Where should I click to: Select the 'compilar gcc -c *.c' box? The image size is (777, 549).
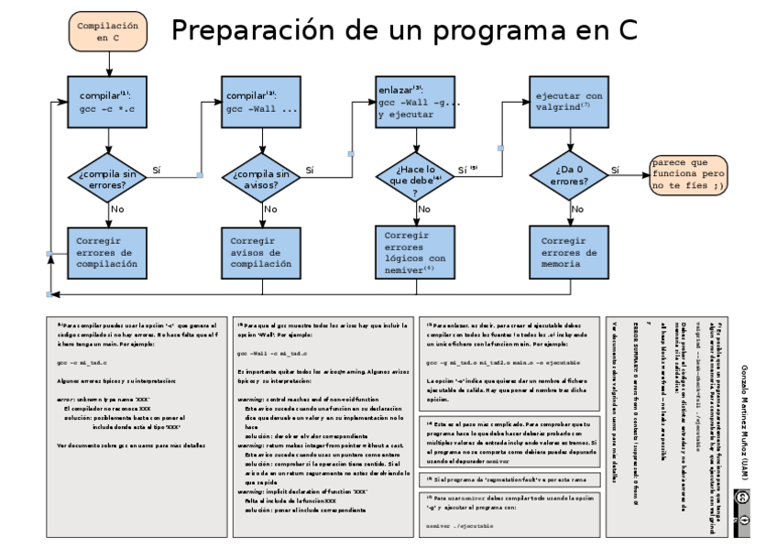[x=109, y=103]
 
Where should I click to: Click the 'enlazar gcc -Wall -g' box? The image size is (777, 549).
[x=419, y=103]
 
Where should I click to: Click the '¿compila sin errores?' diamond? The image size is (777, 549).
[x=109, y=178]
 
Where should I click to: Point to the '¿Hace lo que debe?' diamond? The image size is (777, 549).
[x=419, y=178]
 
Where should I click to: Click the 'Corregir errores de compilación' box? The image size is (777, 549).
[x=109, y=252]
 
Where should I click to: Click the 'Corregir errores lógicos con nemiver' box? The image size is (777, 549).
[x=419, y=252]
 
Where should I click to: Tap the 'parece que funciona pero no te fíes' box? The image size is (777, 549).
[x=689, y=174]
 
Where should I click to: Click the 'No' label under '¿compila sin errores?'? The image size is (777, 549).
[x=117, y=210]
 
